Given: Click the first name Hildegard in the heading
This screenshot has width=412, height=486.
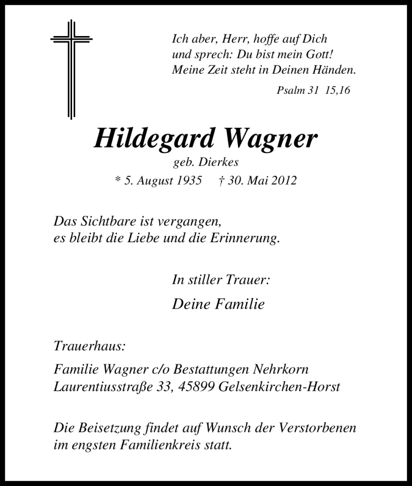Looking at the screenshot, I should (153, 138).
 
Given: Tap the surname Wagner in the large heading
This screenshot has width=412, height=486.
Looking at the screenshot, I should (270, 138).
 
